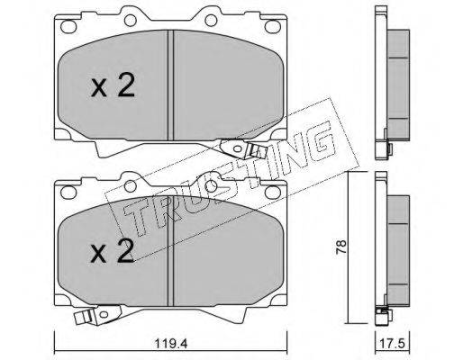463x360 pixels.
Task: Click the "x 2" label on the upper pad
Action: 113,85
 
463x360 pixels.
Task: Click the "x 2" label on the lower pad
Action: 113,251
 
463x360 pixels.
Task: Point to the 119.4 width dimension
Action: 171,343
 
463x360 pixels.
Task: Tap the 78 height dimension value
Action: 341,247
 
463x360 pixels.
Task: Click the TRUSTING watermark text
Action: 230,179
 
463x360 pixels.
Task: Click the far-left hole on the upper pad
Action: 68,26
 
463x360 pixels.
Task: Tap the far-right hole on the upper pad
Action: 273,26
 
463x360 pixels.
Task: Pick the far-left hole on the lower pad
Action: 68,192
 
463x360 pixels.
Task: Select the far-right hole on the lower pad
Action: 273,192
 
